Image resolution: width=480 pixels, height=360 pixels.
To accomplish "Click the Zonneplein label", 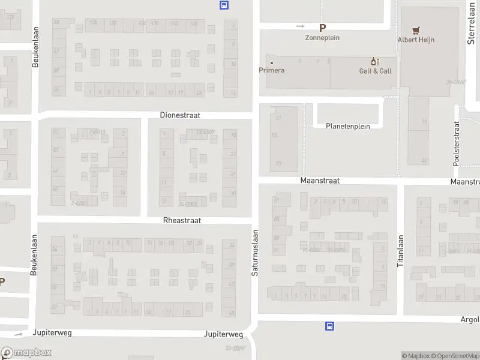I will pyautogui.click(x=323, y=37).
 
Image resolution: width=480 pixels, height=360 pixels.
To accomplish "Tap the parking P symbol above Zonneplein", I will pyautogui.click(x=323, y=28).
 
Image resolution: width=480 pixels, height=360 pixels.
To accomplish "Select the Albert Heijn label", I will pyautogui.click(x=416, y=40).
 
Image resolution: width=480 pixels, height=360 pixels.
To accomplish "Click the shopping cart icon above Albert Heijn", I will pyautogui.click(x=416, y=30).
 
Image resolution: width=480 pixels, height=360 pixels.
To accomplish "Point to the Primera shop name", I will pyautogui.click(x=272, y=70).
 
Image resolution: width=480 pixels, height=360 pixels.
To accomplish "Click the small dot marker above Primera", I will pyautogui.click(x=272, y=62).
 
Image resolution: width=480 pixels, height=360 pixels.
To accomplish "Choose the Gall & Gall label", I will pyautogui.click(x=376, y=71).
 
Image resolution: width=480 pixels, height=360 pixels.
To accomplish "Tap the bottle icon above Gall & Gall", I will pyautogui.click(x=376, y=62).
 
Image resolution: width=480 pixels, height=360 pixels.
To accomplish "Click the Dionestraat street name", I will pyautogui.click(x=180, y=115).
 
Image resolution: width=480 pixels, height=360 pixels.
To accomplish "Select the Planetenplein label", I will pyautogui.click(x=348, y=126).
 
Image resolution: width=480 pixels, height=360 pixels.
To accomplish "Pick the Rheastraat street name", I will pyautogui.click(x=182, y=220).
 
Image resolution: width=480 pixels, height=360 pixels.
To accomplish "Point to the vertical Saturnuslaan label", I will pyautogui.click(x=254, y=253).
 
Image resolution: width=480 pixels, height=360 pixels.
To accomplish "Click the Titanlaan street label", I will pyautogui.click(x=400, y=251).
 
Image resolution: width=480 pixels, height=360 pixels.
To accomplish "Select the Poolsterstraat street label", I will pyautogui.click(x=457, y=144).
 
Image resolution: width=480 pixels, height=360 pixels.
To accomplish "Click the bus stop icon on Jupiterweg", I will pyautogui.click(x=329, y=326).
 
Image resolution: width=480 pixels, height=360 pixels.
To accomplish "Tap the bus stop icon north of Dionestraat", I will pyautogui.click(x=224, y=5).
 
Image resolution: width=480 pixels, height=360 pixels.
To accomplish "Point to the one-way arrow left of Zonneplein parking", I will pyautogui.click(x=301, y=26).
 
